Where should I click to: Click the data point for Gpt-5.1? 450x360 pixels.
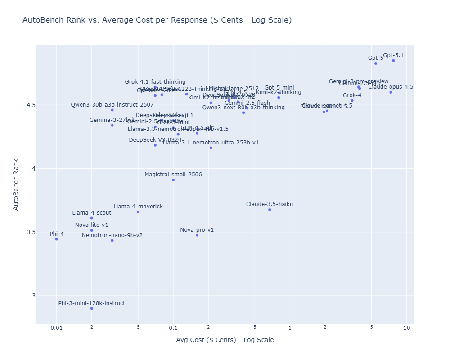pos(393,61)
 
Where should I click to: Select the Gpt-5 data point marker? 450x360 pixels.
pos(375,63)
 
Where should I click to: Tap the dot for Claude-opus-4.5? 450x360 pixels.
pos(391,92)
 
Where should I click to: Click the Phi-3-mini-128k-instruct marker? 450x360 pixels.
pos(92,308)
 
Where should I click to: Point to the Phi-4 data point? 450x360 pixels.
pos(57,239)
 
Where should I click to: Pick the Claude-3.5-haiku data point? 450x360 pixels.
pos(270,210)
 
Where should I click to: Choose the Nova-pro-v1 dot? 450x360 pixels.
pos(197,235)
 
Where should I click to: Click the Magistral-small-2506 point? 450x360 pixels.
pos(173,180)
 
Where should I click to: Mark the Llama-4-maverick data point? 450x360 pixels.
pos(138,212)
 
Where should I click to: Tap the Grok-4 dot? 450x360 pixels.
pos(352,101)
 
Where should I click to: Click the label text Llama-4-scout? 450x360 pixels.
pos(92,213)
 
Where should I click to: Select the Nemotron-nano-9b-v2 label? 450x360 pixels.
pos(112,235)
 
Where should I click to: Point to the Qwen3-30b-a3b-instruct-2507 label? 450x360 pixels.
pos(112,105)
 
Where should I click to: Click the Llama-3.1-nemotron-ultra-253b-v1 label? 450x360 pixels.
pos(211,143)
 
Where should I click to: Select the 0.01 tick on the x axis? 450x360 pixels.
pos(57,328)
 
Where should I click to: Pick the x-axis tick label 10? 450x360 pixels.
pos(406,328)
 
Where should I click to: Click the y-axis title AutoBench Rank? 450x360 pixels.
pos(16,184)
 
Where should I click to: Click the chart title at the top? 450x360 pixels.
pos(157,20)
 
